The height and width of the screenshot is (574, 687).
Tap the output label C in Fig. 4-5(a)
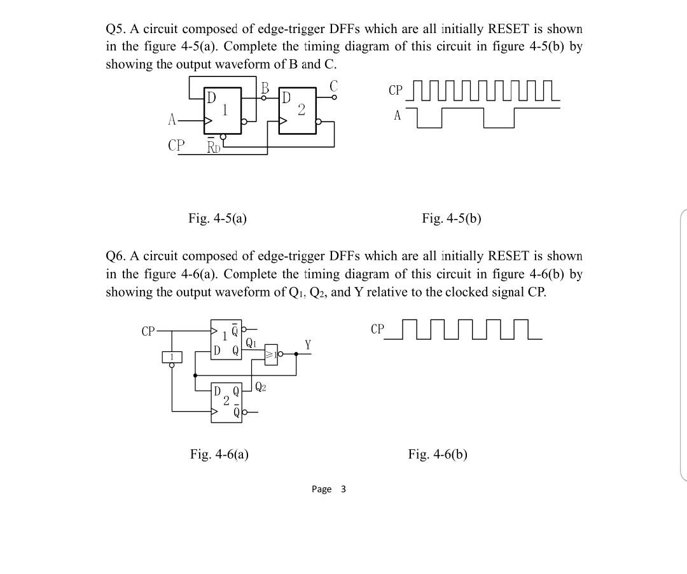[x=333, y=85]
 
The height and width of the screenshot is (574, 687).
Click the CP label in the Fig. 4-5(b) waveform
[x=395, y=90]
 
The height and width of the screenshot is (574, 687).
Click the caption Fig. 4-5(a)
[x=218, y=218]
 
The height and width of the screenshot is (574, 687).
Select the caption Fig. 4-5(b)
[x=452, y=218]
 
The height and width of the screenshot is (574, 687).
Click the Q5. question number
[x=116, y=29]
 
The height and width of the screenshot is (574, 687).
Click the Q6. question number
[x=116, y=256]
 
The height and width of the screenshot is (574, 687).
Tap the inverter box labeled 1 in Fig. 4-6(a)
[x=171, y=356]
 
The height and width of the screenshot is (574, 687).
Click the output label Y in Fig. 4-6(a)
[x=308, y=345]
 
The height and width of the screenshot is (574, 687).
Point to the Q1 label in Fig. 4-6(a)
[x=251, y=342]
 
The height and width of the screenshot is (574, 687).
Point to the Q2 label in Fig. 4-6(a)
[x=260, y=386]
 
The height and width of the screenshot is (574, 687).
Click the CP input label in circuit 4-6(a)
[x=148, y=331]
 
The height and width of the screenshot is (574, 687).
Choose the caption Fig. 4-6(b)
[x=438, y=454]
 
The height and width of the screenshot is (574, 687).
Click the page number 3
[x=343, y=489]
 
